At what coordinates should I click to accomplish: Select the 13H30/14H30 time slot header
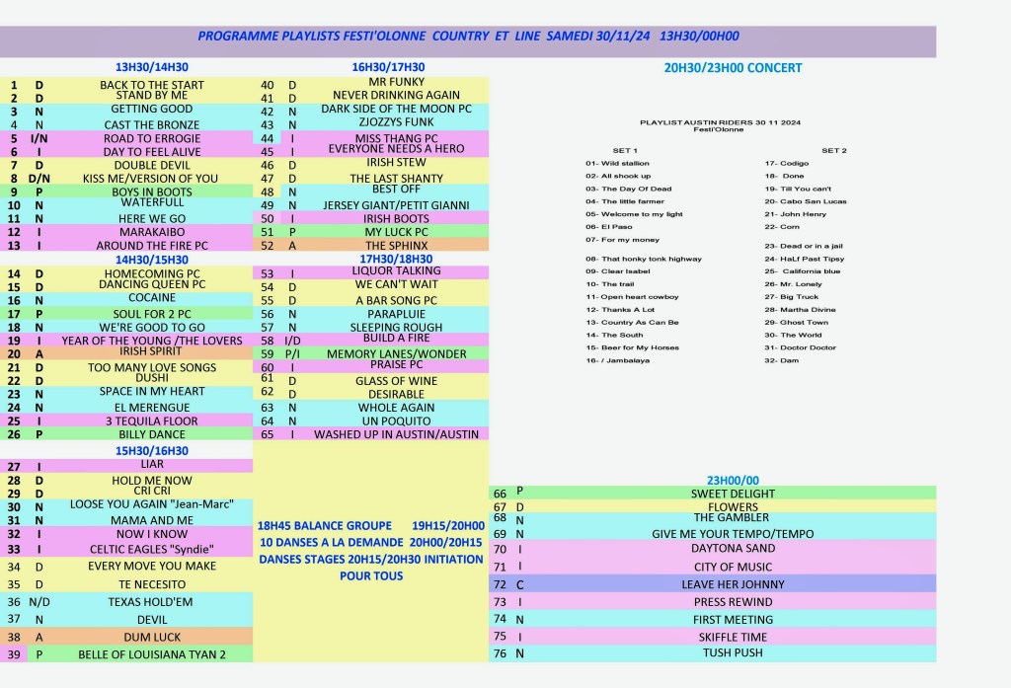[x=152, y=67]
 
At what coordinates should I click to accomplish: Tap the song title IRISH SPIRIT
[x=152, y=351]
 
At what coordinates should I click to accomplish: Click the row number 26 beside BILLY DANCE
[x=14, y=434]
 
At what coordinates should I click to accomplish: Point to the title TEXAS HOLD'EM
[x=151, y=601]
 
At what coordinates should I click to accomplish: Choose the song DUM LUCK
[x=152, y=638]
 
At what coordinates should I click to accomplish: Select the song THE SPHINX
[x=397, y=246]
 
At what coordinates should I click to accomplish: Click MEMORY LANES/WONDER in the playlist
[x=396, y=354]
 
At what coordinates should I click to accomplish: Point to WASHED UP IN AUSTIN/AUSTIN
[x=396, y=434]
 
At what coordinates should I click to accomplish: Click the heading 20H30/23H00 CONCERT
[x=733, y=68]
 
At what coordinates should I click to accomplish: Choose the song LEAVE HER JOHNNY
[x=733, y=584]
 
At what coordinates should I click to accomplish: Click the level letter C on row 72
[x=519, y=584]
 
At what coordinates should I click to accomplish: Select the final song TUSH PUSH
[x=733, y=652]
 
